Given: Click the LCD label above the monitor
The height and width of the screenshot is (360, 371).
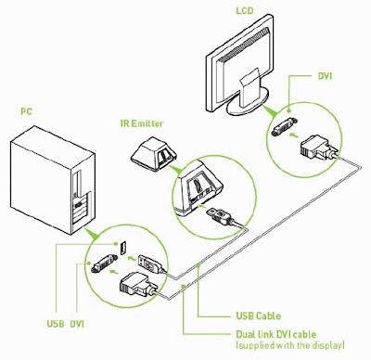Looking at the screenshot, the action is tap(245, 11).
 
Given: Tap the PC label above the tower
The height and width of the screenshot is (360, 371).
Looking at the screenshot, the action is tap(27, 111).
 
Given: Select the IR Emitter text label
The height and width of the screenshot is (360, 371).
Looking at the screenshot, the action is tap(142, 123).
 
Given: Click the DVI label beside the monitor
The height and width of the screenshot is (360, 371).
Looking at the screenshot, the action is tap(325, 76).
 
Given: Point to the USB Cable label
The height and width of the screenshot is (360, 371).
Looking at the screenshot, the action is tap(259, 316).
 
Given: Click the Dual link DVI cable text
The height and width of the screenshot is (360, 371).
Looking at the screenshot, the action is tap(276, 334).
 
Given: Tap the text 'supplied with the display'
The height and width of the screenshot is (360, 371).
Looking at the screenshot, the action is tap(290, 345).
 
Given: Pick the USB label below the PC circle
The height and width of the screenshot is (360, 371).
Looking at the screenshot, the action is tap(56, 324).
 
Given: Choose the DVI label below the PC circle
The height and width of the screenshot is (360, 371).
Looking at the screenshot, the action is tap(77, 324).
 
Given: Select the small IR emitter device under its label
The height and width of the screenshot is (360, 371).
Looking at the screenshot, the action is tap(153, 154).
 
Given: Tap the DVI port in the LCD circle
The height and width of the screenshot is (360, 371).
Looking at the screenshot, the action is tap(284, 126).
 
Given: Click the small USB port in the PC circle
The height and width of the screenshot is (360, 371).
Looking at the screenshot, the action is tap(123, 247).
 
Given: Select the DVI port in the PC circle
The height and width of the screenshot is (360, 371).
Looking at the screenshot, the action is tap(103, 264).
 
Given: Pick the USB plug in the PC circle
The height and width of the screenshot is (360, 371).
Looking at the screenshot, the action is tap(150, 264).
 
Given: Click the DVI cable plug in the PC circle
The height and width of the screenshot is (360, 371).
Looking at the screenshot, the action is tap(138, 285).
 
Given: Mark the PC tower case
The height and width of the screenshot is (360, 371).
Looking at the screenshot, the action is tap(53, 180).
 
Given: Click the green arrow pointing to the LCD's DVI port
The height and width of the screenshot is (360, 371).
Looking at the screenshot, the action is tap(294, 135).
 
